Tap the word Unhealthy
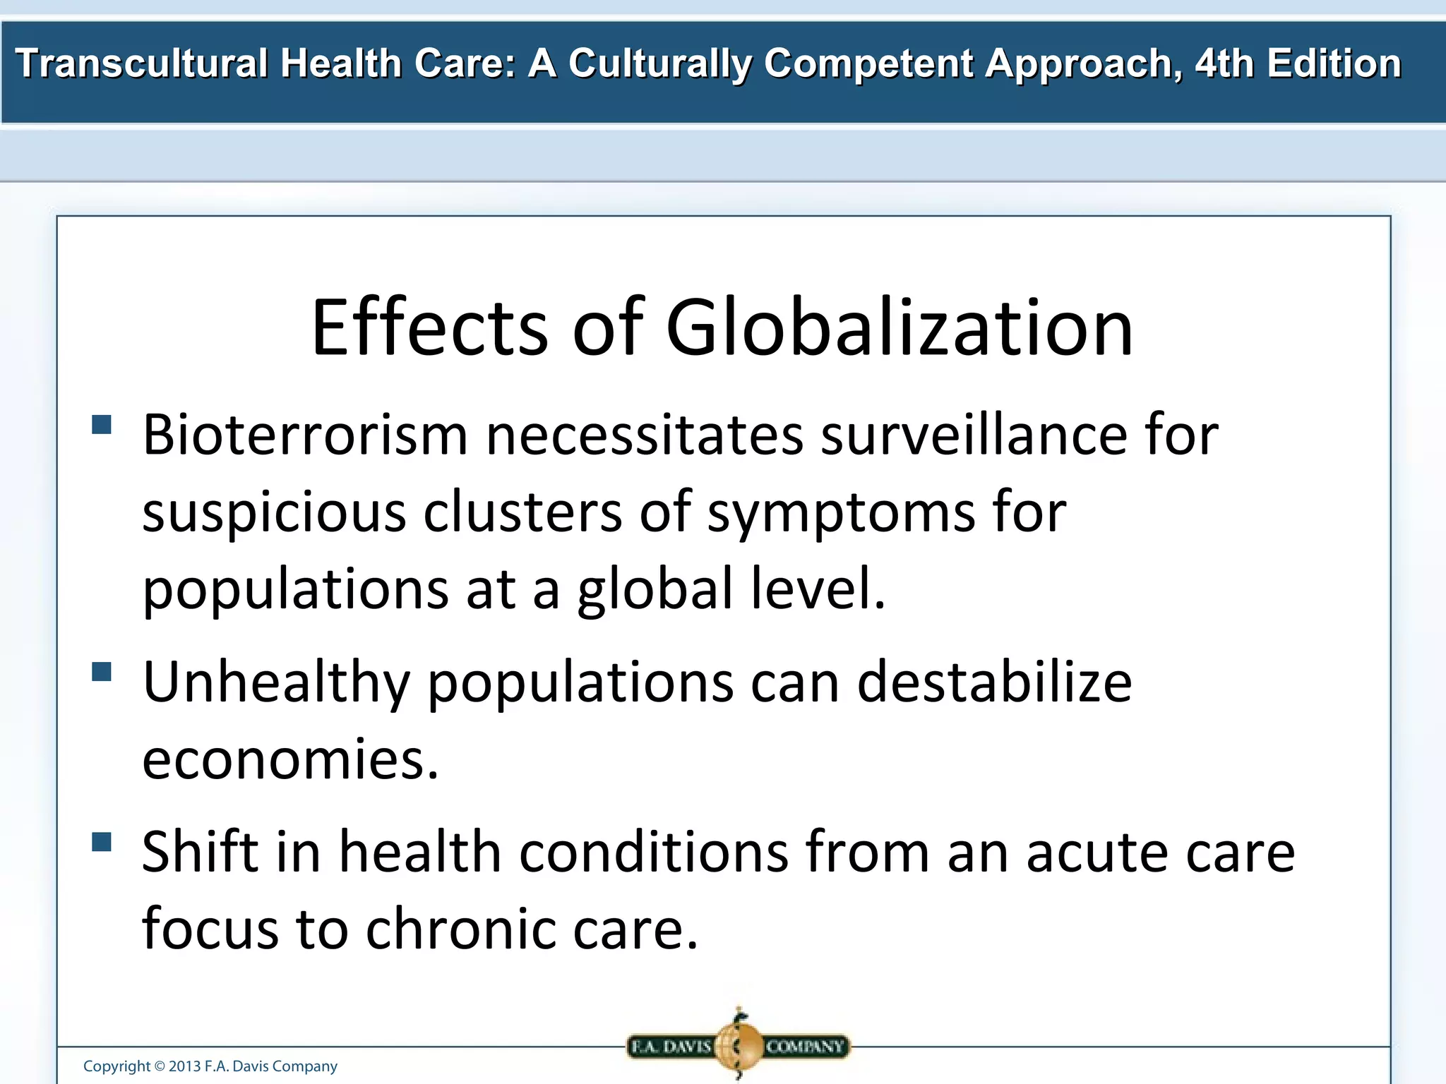(276, 683)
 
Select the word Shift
(200, 852)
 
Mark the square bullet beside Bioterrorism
(102, 424)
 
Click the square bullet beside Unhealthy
(102, 671)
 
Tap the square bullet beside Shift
(102, 842)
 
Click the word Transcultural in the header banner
(141, 64)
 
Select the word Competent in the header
(868, 64)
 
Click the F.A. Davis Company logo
(738, 1046)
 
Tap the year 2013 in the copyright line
(185, 1066)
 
